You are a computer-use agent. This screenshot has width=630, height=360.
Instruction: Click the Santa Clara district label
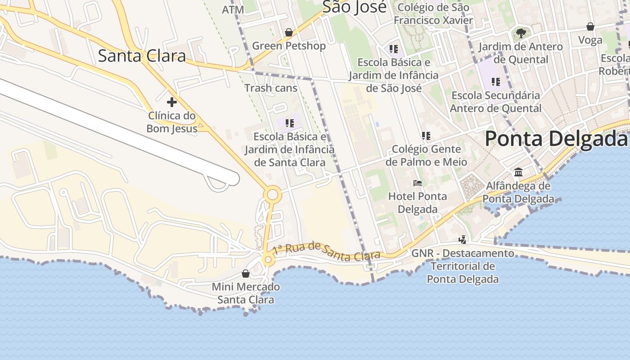[x=142, y=56]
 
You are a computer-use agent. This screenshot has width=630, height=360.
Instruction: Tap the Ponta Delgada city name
[x=556, y=139]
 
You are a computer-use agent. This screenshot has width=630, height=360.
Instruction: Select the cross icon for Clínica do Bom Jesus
[x=171, y=102]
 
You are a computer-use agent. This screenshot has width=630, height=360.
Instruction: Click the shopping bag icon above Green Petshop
[x=289, y=32]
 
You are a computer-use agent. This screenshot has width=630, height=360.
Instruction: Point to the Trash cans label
[x=270, y=88]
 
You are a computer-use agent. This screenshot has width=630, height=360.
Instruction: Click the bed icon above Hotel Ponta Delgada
[x=418, y=183]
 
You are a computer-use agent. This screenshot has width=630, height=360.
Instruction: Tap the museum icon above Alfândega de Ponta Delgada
[x=518, y=172]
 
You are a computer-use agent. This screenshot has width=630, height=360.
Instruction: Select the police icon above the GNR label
[x=462, y=239]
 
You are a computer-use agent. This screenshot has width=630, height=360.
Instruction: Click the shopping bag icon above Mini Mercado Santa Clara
[x=246, y=274]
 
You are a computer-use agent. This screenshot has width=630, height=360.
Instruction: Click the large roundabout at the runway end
[x=272, y=195]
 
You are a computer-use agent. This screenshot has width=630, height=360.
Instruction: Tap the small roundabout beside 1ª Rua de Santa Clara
[x=269, y=260]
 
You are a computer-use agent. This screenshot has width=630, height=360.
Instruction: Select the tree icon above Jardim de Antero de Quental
[x=521, y=33]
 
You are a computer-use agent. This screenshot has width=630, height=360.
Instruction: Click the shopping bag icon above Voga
[x=590, y=27]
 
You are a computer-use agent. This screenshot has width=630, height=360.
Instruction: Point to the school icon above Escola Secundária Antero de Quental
[x=495, y=82]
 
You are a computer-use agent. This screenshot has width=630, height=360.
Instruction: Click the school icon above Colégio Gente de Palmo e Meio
[x=426, y=135]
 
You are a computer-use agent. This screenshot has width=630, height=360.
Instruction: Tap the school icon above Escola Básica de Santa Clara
[x=290, y=123]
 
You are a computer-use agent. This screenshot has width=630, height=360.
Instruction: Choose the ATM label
[x=233, y=9]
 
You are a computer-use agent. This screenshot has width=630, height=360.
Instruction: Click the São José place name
[x=355, y=7]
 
